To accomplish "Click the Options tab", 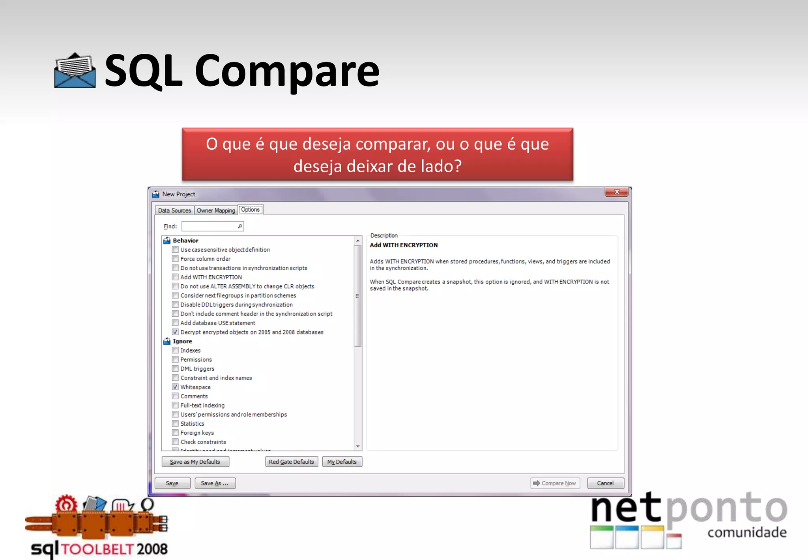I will pyautogui.click(x=251, y=210).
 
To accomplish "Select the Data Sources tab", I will pyautogui.click(x=174, y=210).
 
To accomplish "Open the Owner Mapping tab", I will pyautogui.click(x=216, y=210).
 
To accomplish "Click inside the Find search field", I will pyautogui.click(x=209, y=226).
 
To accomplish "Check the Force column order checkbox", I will pyautogui.click(x=175, y=259).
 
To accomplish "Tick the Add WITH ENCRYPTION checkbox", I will pyautogui.click(x=175, y=277).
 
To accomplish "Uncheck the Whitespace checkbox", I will pyautogui.click(x=175, y=387).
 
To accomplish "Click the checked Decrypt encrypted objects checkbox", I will pyautogui.click(x=175, y=332).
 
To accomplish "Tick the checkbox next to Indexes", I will pyautogui.click(x=175, y=350).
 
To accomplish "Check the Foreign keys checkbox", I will pyautogui.click(x=175, y=433).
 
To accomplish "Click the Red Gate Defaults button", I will pyautogui.click(x=291, y=462).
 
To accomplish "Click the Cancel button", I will pyautogui.click(x=605, y=483).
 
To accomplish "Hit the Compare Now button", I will pyautogui.click(x=555, y=483).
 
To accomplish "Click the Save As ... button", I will pyautogui.click(x=215, y=483).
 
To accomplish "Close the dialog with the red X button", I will pyautogui.click(x=617, y=192).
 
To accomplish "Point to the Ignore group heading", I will pyautogui.click(x=182, y=341).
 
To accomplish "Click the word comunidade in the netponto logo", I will pyautogui.click(x=747, y=532).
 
